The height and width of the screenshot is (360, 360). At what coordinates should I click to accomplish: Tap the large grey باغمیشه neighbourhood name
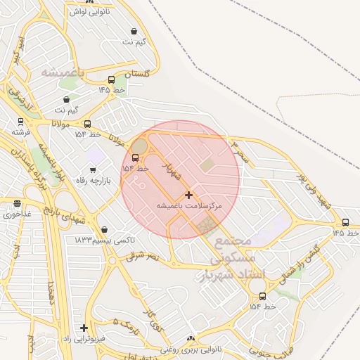coord(63,72)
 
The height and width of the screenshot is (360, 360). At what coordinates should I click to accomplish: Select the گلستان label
coord(138,74)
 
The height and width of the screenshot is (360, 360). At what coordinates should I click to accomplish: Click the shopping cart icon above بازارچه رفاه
coord(93,169)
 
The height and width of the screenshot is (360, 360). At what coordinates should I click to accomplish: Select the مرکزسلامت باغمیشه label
coord(188,205)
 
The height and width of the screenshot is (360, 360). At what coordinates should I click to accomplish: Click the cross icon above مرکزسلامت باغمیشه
coord(188,195)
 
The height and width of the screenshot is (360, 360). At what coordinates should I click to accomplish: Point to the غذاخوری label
coord(17,214)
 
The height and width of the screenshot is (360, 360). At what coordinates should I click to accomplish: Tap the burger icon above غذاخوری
coord(17,204)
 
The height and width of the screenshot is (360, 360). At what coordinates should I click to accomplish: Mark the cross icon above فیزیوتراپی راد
coord(84,328)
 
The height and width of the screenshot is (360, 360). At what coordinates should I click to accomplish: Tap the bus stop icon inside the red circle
coord(136,157)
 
